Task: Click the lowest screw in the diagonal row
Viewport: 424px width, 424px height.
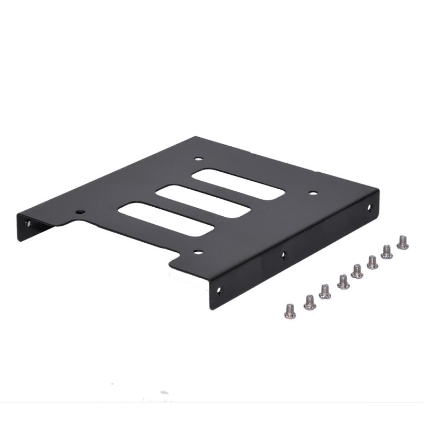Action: [x=290, y=311]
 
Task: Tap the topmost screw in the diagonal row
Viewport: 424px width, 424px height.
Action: [x=403, y=242]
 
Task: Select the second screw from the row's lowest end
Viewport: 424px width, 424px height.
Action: [x=310, y=302]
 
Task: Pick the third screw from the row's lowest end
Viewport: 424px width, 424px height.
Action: [x=325, y=291]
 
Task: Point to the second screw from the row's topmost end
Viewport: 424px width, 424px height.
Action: [x=387, y=251]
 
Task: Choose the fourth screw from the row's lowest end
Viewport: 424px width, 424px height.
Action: [x=343, y=281]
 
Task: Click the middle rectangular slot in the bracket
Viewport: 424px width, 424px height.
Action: [x=202, y=201]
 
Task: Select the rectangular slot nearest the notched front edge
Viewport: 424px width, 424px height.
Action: [x=165, y=218]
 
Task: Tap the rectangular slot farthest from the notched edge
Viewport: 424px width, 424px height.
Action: [x=238, y=184]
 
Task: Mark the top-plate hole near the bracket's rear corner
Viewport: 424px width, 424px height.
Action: [x=198, y=158]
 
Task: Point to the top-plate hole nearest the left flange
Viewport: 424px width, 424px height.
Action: [x=79, y=212]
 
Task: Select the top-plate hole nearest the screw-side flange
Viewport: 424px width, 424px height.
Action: [x=313, y=193]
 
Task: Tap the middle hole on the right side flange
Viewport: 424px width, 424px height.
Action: [x=284, y=255]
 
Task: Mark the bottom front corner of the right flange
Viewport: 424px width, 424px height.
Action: [x=213, y=309]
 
